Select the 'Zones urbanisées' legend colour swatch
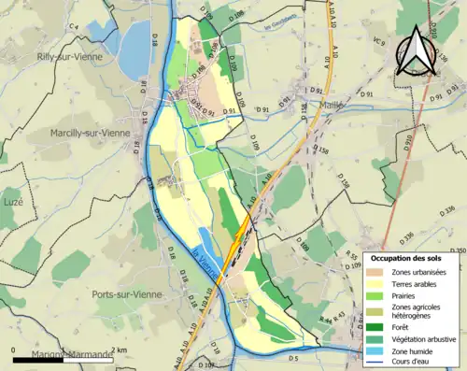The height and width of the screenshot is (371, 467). click(x=377, y=272)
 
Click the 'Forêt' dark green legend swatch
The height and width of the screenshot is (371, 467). click(x=377, y=327)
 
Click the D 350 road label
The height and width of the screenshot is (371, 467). click(x=457, y=251)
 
